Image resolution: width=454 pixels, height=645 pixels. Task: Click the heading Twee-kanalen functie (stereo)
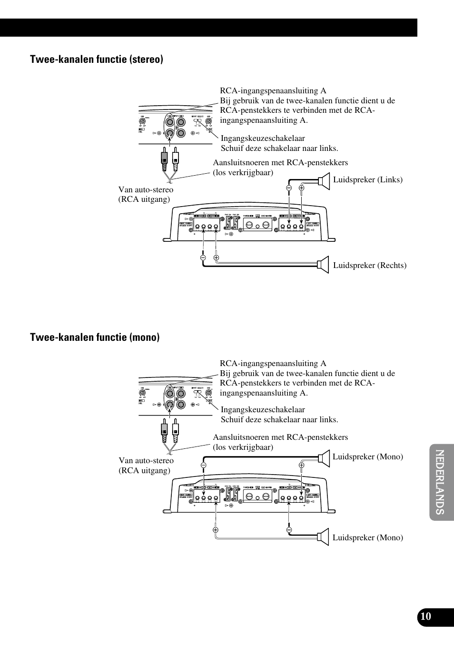click(96, 59)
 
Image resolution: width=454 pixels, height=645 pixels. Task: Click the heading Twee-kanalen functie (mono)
click(95, 337)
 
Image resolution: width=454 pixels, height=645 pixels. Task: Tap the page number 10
click(425, 616)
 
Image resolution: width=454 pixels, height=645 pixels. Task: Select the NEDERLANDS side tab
click(440, 482)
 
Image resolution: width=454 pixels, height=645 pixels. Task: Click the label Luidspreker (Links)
click(367, 179)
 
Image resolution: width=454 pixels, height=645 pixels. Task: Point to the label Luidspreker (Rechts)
click(369, 265)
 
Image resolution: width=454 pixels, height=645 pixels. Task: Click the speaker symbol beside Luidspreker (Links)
click(324, 181)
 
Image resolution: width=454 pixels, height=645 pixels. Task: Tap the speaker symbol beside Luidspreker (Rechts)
click(324, 265)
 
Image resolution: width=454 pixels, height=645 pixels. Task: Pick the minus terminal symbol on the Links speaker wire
click(289, 188)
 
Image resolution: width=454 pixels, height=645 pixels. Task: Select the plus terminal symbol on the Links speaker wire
click(301, 188)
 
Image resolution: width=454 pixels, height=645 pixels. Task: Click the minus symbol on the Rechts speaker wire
click(203, 258)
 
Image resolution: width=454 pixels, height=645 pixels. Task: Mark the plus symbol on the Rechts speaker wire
click(216, 258)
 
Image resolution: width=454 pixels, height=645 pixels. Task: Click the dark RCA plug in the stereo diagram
click(164, 160)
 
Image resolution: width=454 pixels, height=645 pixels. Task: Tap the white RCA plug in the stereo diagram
click(176, 160)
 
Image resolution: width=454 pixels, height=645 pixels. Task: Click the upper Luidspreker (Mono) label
click(367, 456)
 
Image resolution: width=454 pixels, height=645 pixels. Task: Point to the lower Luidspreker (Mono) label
click(367, 537)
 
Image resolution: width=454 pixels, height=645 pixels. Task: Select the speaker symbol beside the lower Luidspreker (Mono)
click(324, 536)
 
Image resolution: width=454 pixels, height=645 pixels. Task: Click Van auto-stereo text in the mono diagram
click(146, 460)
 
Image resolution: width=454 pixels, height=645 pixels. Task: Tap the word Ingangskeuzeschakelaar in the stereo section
click(263, 138)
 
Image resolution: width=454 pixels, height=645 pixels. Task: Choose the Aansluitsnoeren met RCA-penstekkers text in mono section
click(280, 437)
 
